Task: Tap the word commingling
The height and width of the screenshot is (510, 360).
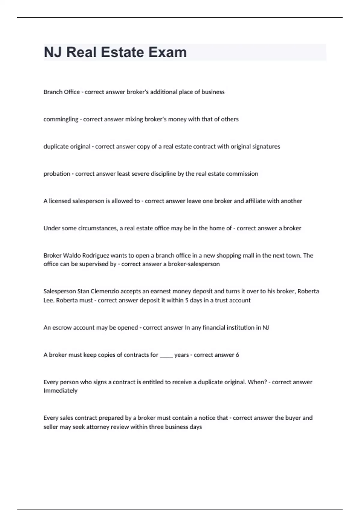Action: coord(61,119)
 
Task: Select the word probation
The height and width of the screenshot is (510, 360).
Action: coord(57,174)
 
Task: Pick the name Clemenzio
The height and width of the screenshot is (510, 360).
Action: coord(104,291)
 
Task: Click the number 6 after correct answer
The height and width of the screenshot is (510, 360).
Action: coord(237,355)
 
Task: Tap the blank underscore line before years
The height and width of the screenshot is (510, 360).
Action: coord(166,355)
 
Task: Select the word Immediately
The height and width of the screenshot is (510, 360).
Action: coord(61,391)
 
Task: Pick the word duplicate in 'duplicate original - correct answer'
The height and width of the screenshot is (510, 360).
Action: coord(56,147)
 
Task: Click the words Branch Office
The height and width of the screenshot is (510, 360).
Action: coord(61,92)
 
